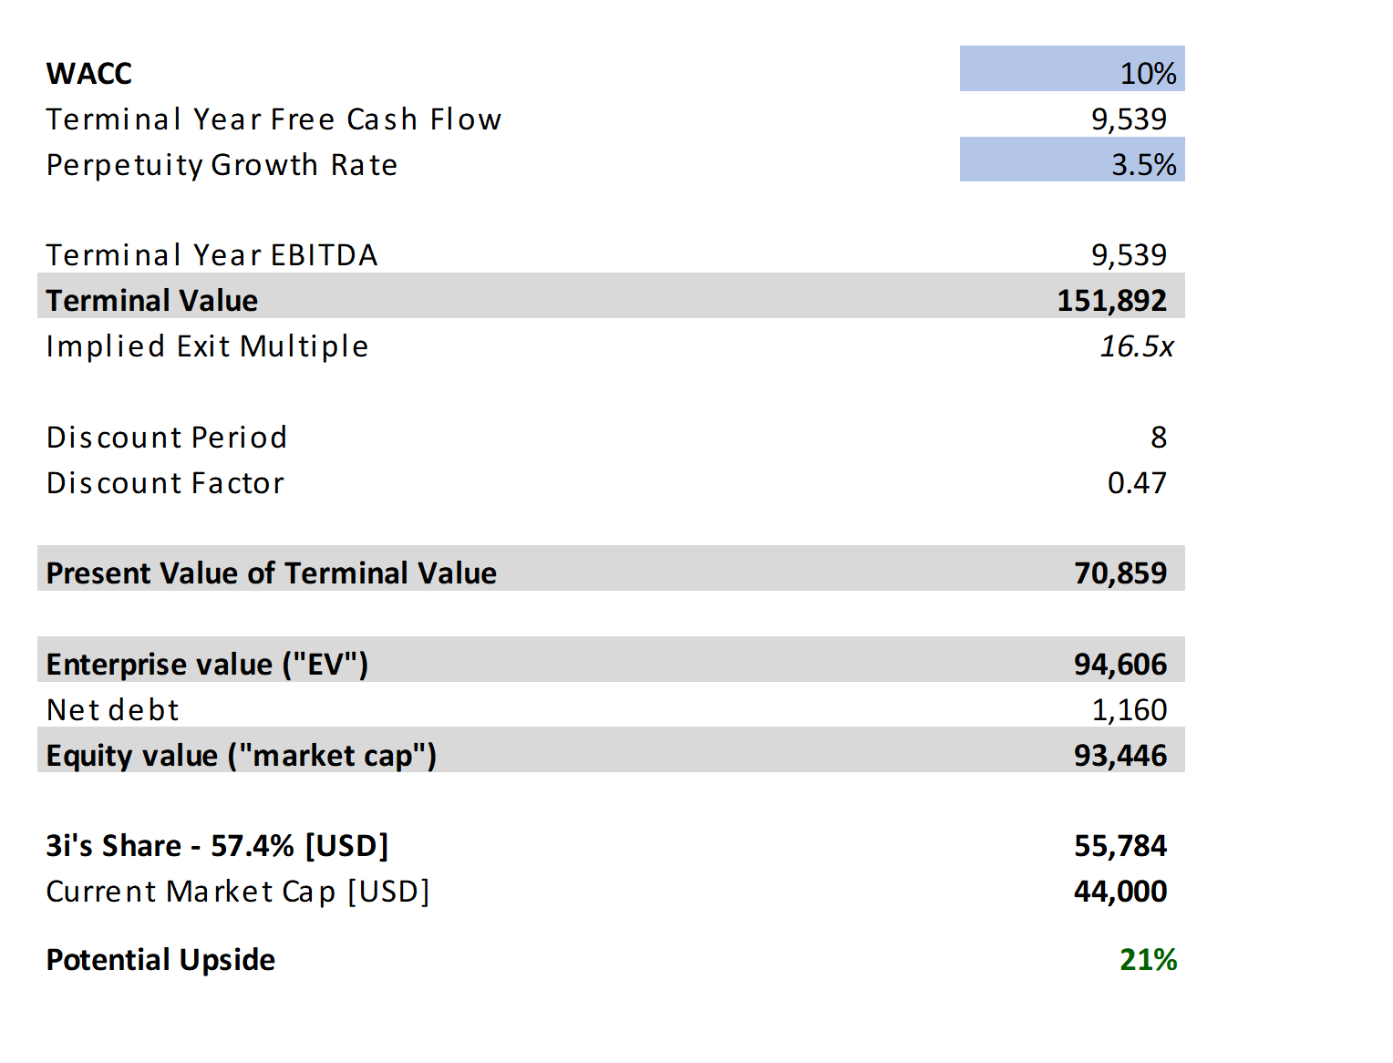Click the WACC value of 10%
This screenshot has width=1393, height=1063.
coord(1147,73)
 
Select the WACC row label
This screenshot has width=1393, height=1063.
coord(89,73)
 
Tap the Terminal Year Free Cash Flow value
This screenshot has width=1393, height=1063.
coord(1129,119)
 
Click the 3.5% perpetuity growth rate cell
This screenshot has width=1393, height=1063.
coord(1143,164)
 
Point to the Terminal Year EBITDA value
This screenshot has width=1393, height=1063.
coord(1129,254)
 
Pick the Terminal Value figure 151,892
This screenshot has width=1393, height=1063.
coord(1111,300)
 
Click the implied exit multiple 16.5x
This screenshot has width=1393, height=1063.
coord(1136,346)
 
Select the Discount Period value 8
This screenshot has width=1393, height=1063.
coord(1158,437)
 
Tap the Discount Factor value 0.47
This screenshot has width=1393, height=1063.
coord(1136,482)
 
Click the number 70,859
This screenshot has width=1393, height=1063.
coord(1120,573)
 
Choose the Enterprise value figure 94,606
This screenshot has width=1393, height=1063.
coord(1120,664)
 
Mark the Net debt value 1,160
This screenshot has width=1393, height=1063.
coord(1129,709)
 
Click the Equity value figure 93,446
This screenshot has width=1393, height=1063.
coord(1120,755)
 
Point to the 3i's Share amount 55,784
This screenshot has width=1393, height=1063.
coord(1120,845)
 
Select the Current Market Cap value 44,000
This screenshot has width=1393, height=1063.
coord(1120,891)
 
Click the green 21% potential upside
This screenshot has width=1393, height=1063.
coord(1148,959)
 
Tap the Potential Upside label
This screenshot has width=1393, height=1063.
coord(160,959)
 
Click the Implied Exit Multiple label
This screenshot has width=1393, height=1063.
coord(207,346)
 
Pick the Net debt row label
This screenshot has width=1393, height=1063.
coord(113,709)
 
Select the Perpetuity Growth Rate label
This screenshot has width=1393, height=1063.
coord(222,164)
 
